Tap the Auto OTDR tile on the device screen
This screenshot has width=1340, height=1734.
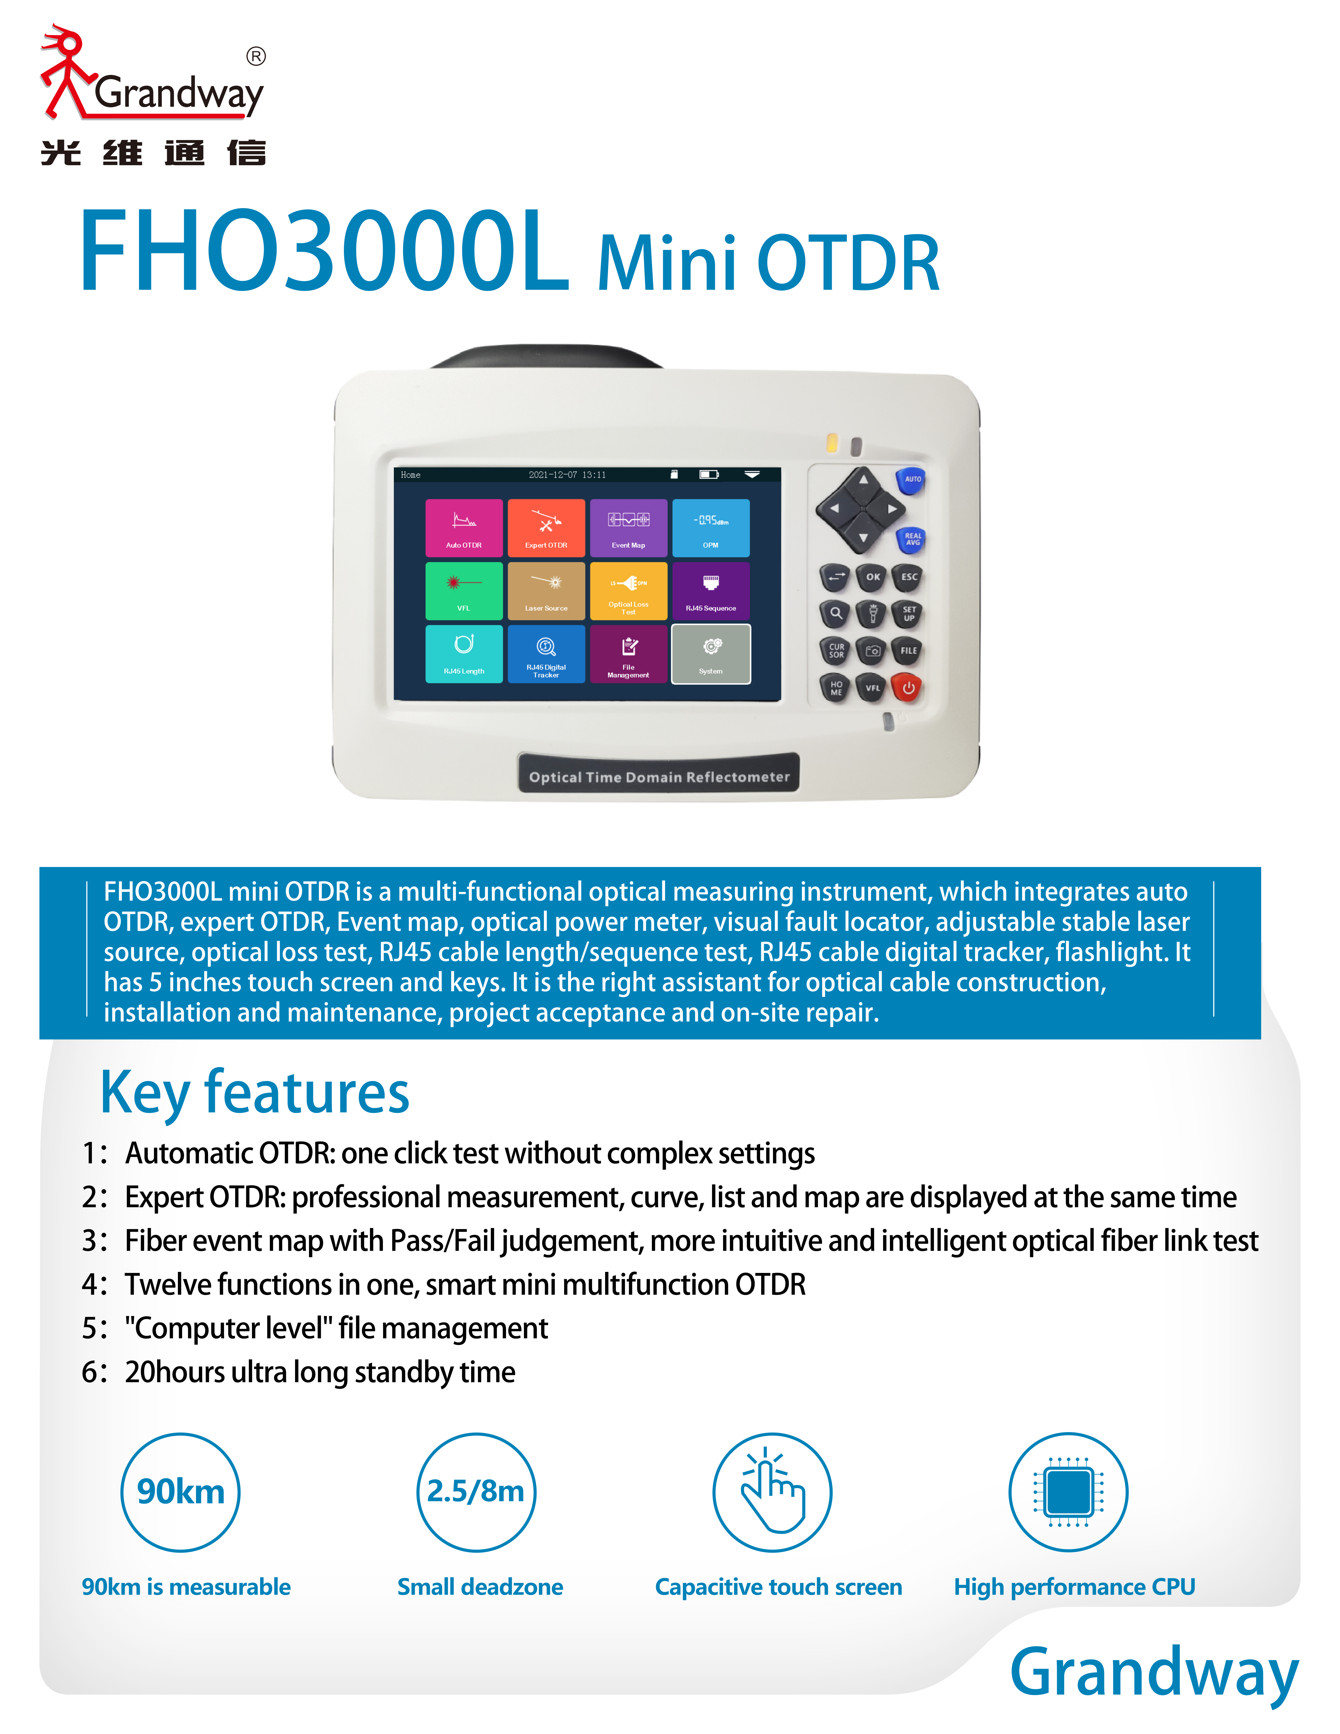click(x=463, y=527)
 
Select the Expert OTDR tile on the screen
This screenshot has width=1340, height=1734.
click(x=546, y=527)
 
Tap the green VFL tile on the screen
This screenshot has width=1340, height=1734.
click(x=463, y=591)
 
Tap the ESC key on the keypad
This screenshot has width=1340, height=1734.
click(x=909, y=577)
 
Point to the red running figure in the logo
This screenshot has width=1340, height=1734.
click(x=65, y=71)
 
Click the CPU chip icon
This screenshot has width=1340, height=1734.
click(x=1069, y=1492)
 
